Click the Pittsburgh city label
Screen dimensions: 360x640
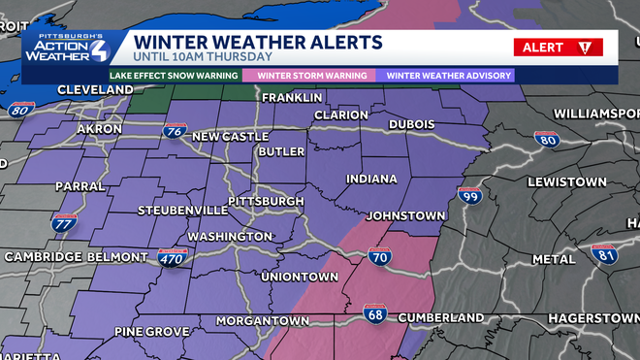pos(265,201)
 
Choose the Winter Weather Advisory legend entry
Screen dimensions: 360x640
pos(448,75)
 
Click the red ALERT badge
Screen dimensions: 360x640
pos(558,47)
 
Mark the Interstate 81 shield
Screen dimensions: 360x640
pos(604,254)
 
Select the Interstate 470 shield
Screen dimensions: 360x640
pos(171,257)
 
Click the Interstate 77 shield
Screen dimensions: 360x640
pos(65,223)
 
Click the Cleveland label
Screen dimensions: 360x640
pos(68,89)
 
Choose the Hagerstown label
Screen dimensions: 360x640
pos(589,318)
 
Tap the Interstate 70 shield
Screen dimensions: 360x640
pos(380,257)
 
